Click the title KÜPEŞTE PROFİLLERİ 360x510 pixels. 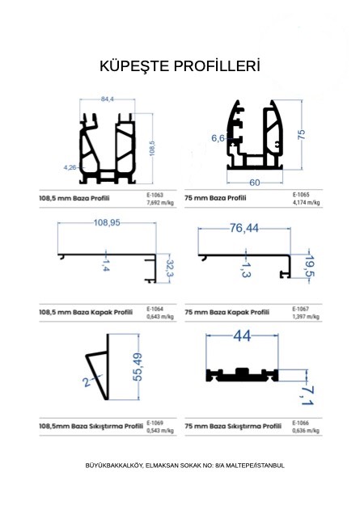[x=180, y=65]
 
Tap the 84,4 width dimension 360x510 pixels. [x=107, y=99]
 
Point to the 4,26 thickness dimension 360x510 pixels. [x=70, y=167]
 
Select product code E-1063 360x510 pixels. [x=155, y=195]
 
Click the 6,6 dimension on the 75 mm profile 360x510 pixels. [x=218, y=138]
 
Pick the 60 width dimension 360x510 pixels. [x=255, y=183]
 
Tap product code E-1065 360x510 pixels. [x=300, y=195]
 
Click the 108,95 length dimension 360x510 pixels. [x=107, y=223]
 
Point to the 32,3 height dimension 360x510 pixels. [x=170, y=268]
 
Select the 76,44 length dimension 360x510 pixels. [x=244, y=229]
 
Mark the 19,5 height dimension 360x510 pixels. [x=310, y=266]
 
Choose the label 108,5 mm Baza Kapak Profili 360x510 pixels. [x=86, y=312]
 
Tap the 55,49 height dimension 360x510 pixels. [x=138, y=367]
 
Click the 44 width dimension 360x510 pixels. [x=242, y=336]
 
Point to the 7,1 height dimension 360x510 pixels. [x=307, y=395]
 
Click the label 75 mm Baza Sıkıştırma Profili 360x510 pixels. [x=233, y=426]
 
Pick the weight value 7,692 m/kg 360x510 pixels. [x=160, y=203]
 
